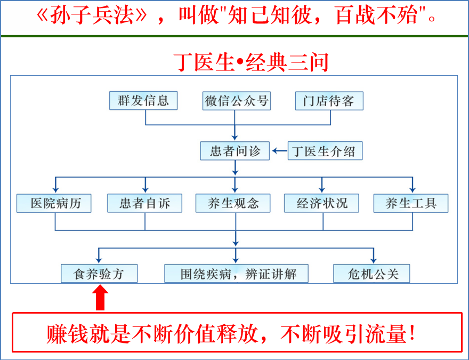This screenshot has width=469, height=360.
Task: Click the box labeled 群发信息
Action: point(143,101)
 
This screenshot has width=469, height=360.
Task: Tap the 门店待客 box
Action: point(329,101)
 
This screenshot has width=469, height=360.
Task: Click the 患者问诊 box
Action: point(235,151)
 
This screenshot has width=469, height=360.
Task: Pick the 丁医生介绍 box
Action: point(325,151)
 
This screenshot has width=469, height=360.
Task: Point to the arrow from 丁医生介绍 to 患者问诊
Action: point(279,151)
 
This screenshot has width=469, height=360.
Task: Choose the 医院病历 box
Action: point(53,203)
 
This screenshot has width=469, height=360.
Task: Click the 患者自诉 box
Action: point(144,203)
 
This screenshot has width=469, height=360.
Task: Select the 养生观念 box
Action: point(233,203)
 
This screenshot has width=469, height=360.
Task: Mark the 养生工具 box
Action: point(410,203)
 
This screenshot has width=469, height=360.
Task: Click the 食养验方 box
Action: point(99,274)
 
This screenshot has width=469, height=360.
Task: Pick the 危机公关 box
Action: point(373,274)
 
